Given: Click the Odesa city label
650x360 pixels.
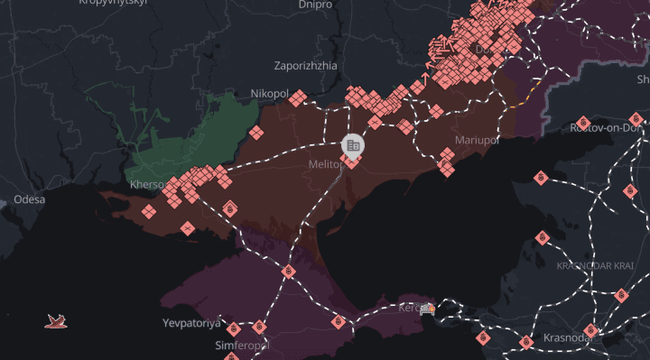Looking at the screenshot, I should click(29, 199).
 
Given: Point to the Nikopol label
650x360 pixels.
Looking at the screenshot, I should click(269, 94).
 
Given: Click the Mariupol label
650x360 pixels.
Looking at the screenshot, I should click(478, 141).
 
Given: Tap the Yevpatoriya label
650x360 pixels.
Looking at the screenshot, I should click(190, 323).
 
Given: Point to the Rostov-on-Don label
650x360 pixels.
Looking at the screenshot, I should click(605, 128).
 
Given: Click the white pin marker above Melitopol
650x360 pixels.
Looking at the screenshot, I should click(352, 144).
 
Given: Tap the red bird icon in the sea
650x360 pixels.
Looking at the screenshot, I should click(56, 319).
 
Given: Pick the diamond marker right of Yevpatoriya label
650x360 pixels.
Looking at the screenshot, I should click(233, 328).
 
